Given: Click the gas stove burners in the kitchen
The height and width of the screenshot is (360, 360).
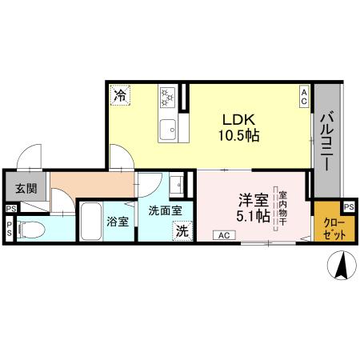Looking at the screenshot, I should coord(169,98).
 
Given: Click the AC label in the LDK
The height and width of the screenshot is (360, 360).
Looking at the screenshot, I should coord(305,97).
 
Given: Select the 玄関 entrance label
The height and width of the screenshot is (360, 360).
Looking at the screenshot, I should coord(25,189).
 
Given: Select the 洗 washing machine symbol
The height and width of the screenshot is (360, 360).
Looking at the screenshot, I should coord(182,230).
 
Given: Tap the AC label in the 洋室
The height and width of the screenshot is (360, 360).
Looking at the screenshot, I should coord(224,235).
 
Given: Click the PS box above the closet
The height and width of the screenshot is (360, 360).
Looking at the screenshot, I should coord(350,205).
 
